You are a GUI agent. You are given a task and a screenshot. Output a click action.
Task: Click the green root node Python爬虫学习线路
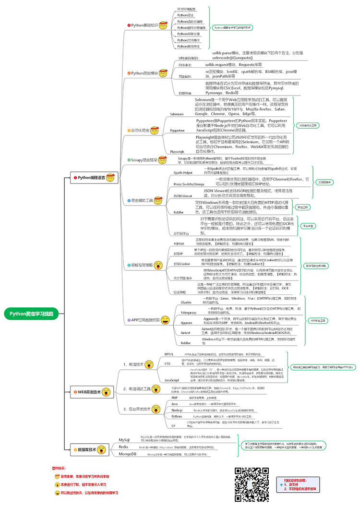(32, 313)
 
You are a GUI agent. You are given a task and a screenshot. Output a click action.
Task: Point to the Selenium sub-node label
(177, 114)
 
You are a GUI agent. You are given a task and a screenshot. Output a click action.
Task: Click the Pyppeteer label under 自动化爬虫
(177, 130)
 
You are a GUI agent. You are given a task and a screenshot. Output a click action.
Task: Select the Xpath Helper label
(183, 172)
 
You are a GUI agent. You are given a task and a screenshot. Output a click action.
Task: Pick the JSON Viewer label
(183, 196)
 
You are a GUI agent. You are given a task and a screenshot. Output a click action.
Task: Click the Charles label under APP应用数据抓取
(186, 303)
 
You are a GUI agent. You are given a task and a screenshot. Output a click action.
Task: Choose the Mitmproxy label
(188, 312)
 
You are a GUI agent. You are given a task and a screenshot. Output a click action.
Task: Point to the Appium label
(186, 323)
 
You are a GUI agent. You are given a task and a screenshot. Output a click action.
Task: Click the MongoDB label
(128, 454)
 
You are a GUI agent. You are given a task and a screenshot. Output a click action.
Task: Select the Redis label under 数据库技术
(123, 447)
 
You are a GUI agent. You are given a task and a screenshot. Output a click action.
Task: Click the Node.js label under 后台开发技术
(177, 411)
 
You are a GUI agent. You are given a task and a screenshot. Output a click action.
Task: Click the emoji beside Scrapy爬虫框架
(164, 159)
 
